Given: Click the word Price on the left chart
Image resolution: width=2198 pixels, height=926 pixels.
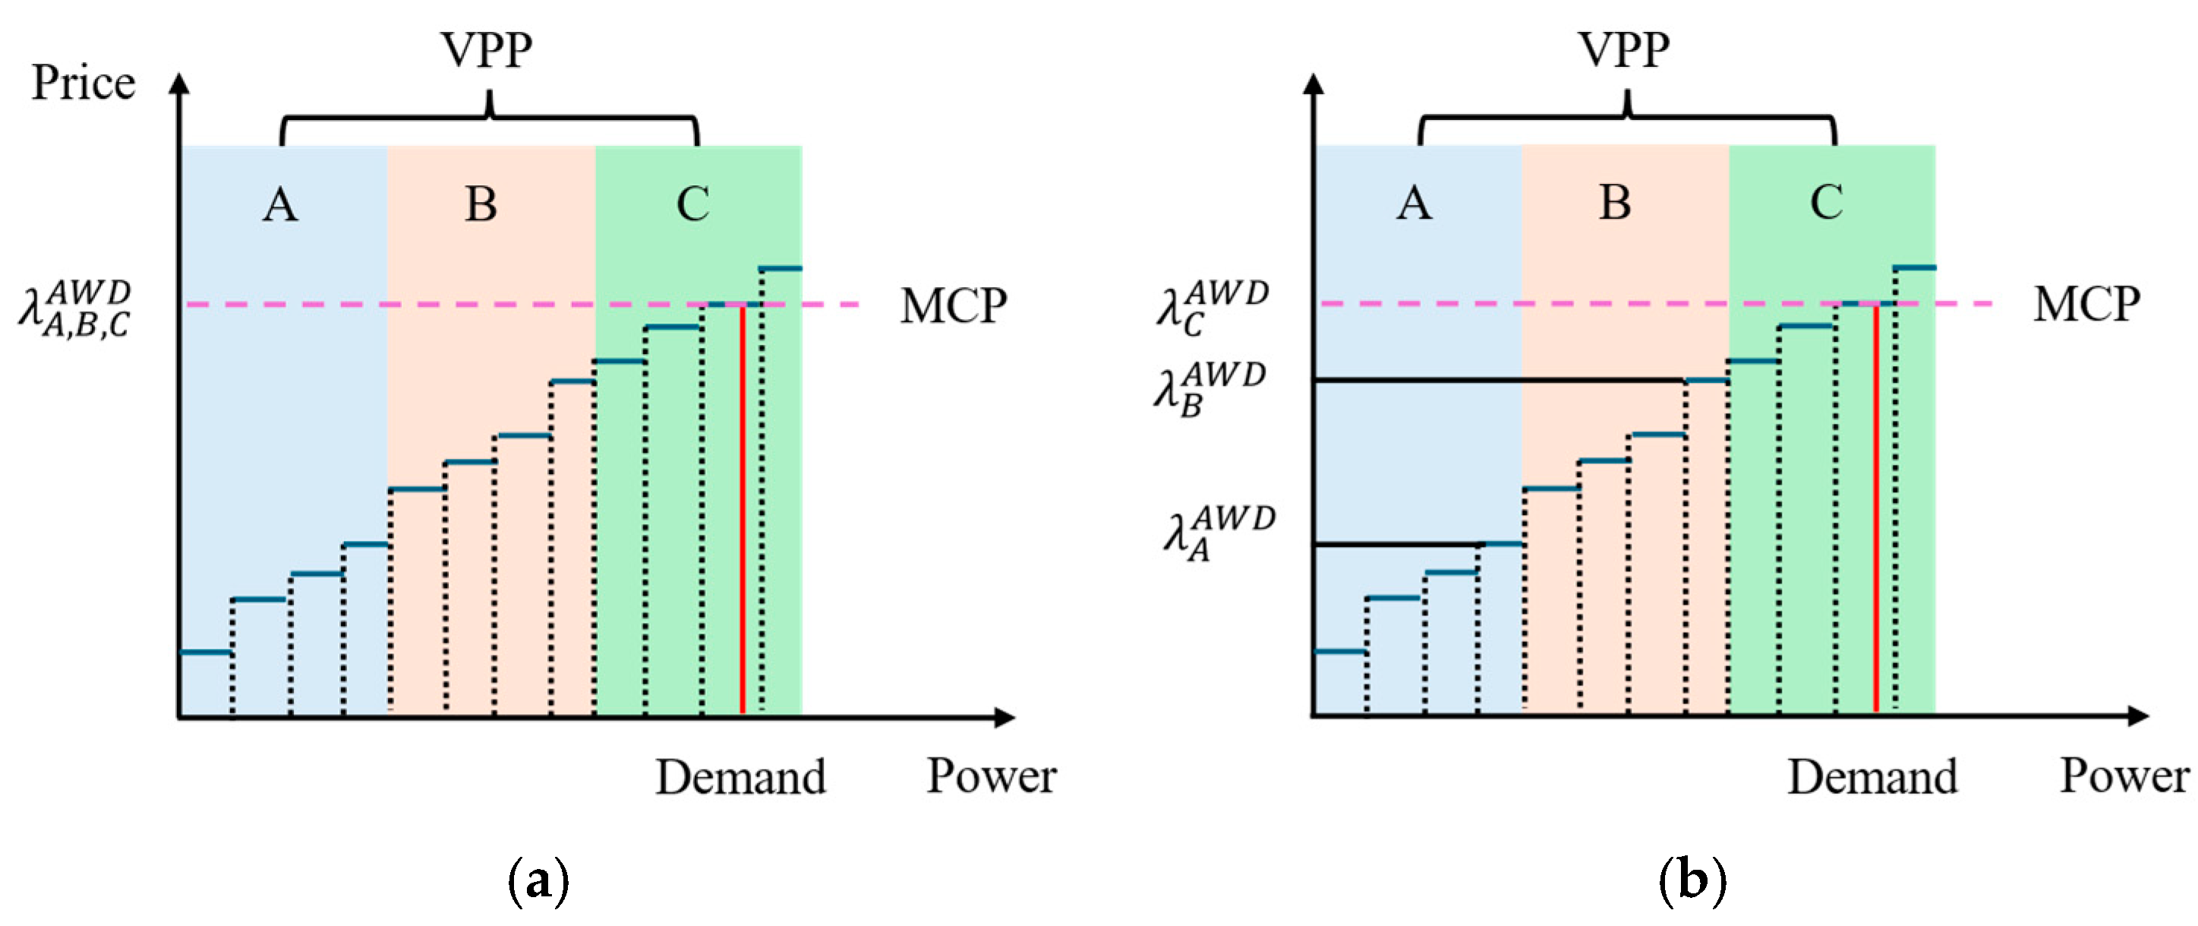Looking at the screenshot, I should click(83, 84).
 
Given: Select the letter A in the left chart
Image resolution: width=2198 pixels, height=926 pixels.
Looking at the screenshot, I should click(280, 205).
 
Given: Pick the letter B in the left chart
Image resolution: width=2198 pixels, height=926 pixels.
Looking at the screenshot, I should click(481, 204).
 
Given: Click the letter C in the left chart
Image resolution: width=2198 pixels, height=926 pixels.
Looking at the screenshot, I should click(693, 204).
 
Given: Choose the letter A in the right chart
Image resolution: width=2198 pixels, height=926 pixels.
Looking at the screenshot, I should click(1414, 203).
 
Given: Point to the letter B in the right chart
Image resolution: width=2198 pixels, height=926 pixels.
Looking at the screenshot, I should click(1615, 202).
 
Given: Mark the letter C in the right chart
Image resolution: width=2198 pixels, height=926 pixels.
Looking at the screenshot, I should click(1826, 202).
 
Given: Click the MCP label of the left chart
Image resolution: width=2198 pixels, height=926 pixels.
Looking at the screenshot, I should click(953, 305).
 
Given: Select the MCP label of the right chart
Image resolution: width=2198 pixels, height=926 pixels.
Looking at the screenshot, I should click(2086, 304).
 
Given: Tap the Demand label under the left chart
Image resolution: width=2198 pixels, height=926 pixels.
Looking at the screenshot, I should click(739, 776).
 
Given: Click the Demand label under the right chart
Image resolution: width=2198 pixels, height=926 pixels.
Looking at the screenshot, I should click(1873, 776).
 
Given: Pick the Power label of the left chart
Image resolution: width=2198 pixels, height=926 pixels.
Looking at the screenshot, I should click(992, 776).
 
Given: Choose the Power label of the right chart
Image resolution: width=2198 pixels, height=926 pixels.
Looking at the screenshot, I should click(2124, 776).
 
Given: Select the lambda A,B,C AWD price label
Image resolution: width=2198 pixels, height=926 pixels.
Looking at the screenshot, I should click(75, 309).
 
